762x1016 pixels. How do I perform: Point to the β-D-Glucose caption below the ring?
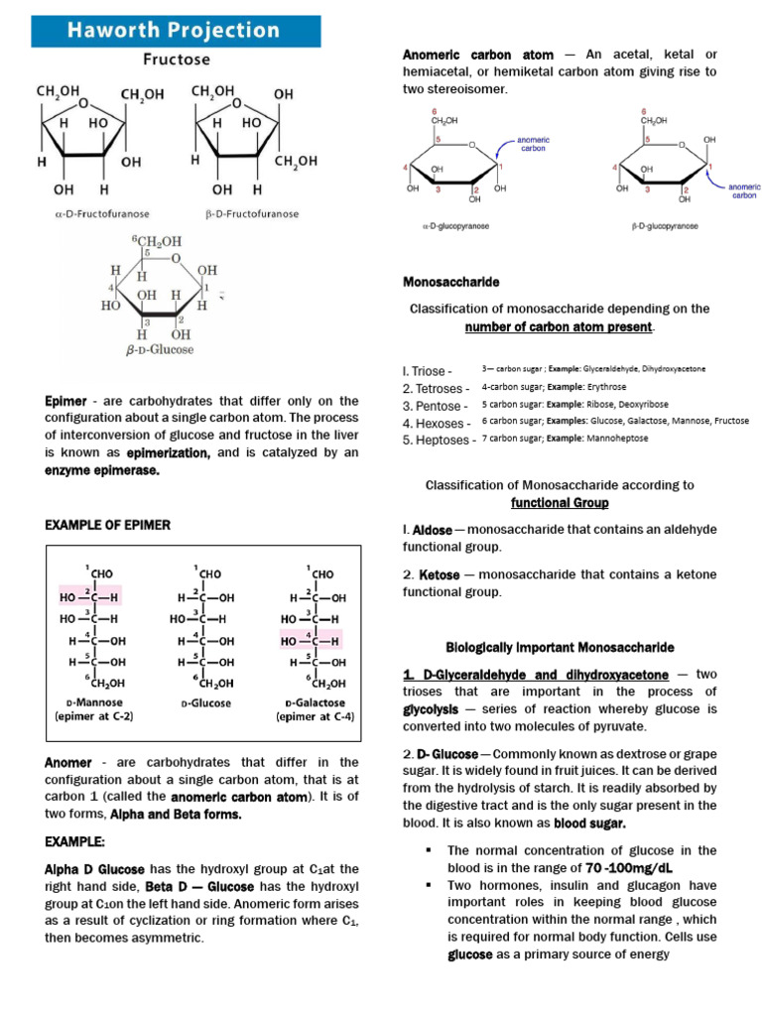coord(161,350)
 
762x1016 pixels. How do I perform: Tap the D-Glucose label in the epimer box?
coord(206,703)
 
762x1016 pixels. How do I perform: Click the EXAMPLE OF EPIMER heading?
coord(108,524)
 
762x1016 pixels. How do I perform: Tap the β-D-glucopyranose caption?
coord(665,226)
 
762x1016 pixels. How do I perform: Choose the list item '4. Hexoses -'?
coord(437,423)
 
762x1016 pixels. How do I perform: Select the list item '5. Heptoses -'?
coord(439,440)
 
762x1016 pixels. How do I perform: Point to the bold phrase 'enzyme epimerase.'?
coord(102,469)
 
